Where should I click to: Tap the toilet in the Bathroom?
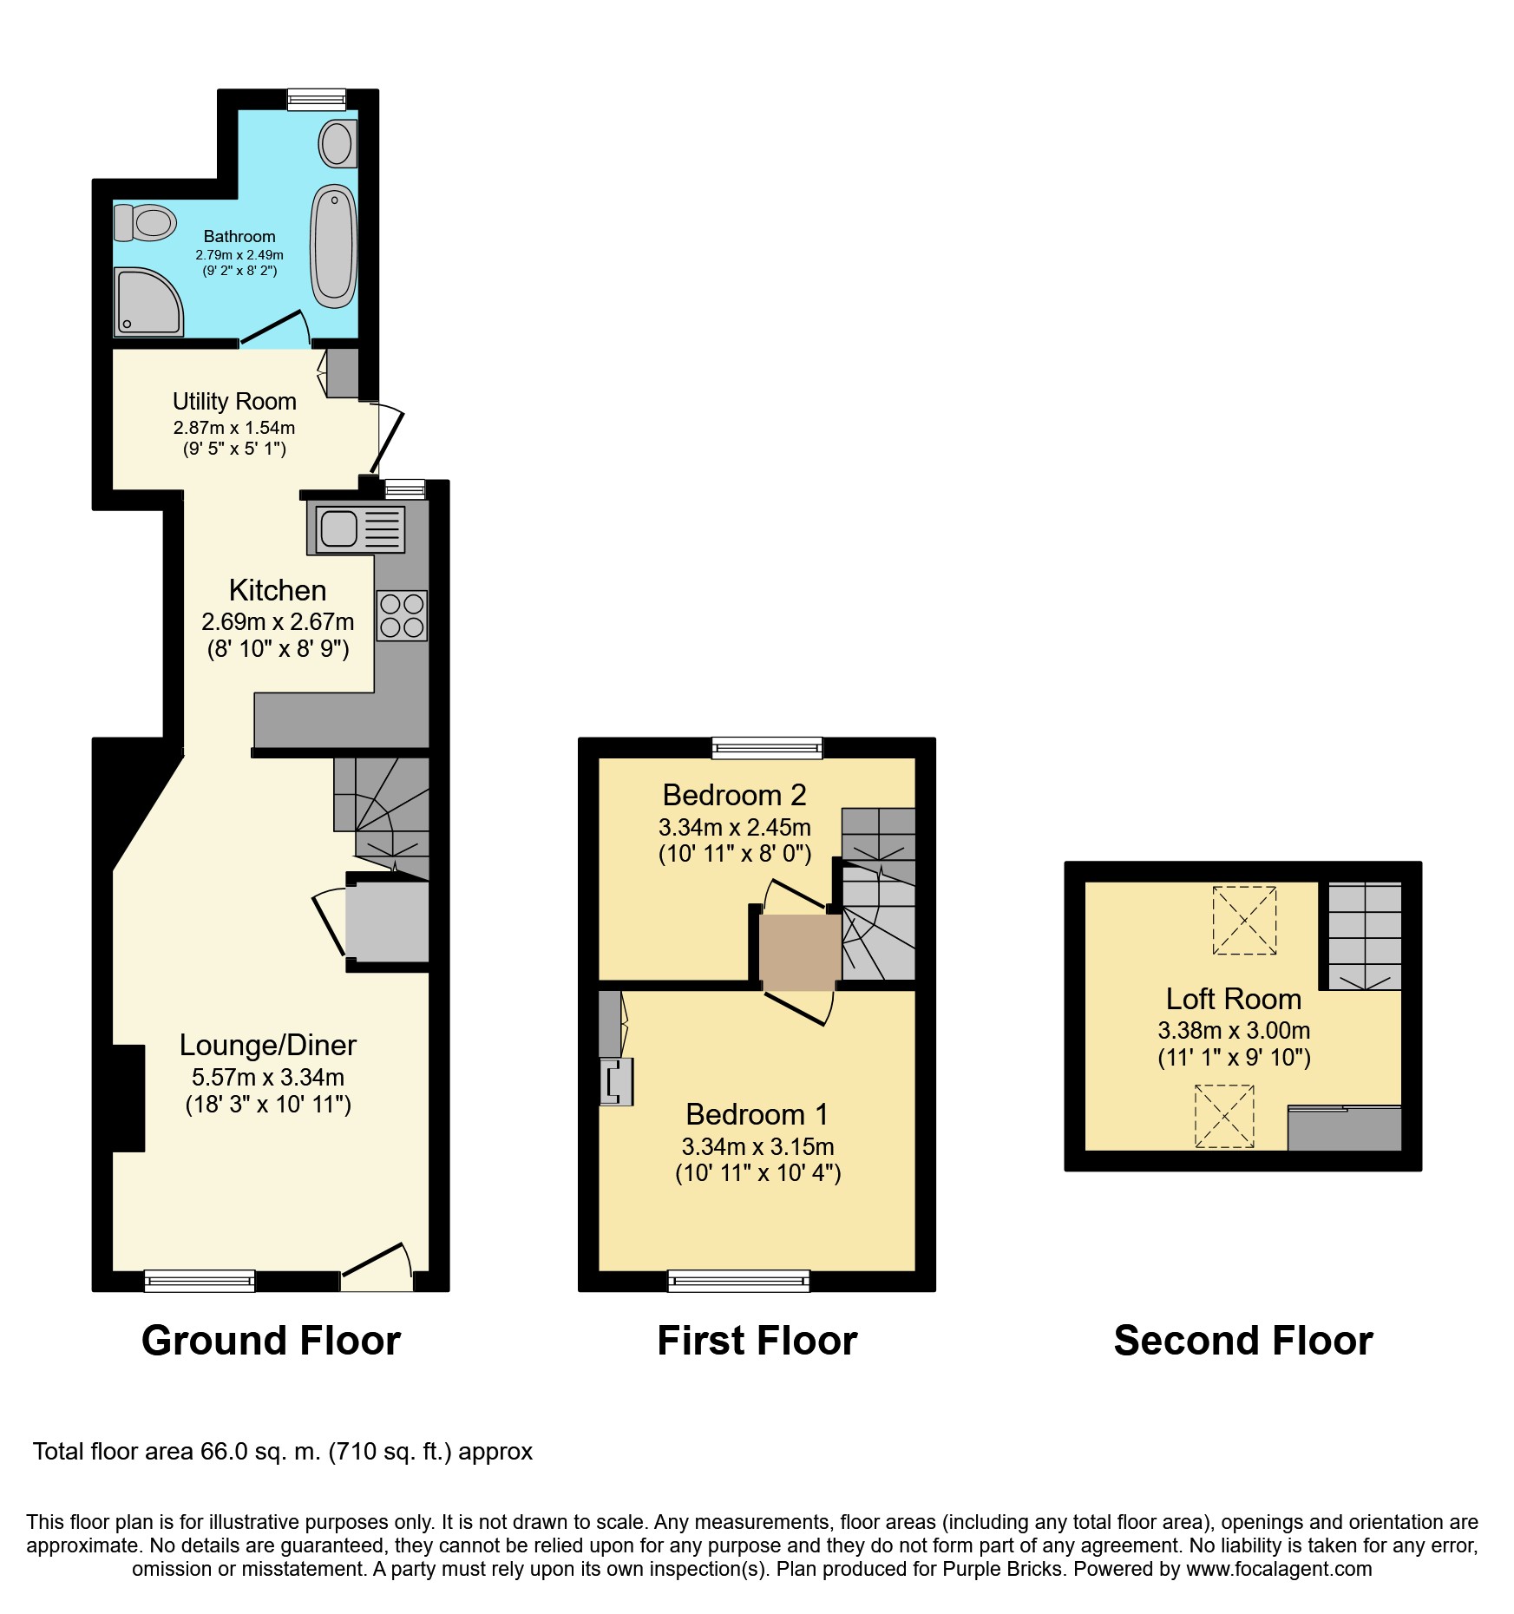click(x=145, y=222)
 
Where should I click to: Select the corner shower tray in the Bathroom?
click(x=148, y=301)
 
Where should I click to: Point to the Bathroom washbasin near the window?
click(x=338, y=143)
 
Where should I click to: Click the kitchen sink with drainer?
click(x=356, y=528)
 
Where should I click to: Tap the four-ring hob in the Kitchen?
click(x=402, y=615)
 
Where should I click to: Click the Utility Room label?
click(x=234, y=401)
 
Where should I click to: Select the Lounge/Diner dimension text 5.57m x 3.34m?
click(x=268, y=1077)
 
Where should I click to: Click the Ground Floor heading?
click(x=271, y=1341)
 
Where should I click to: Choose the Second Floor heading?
click(x=1243, y=1341)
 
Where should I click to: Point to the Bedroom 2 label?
click(x=734, y=795)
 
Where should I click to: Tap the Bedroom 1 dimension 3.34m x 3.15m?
click(x=758, y=1146)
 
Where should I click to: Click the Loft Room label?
click(x=1234, y=999)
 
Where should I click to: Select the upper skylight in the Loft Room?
click(x=1244, y=920)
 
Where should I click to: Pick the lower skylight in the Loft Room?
click(x=1224, y=1116)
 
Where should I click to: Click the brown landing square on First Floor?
click(x=800, y=952)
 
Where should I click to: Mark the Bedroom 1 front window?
click(x=738, y=1281)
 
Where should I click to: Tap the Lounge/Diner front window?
click(x=200, y=1281)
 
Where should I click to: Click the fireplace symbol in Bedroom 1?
click(x=616, y=1081)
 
